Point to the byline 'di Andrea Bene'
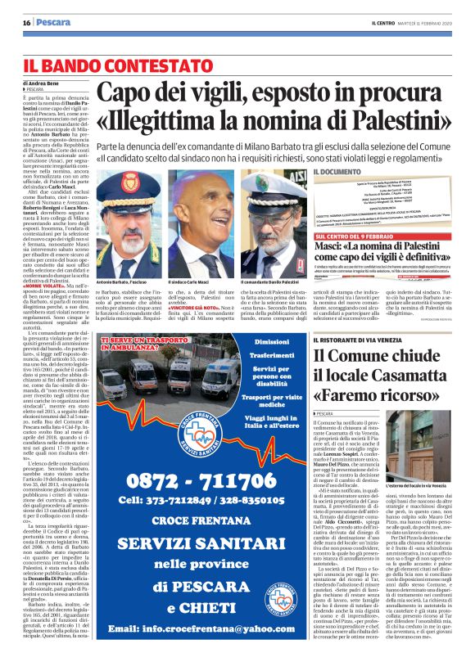tap(42, 83)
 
